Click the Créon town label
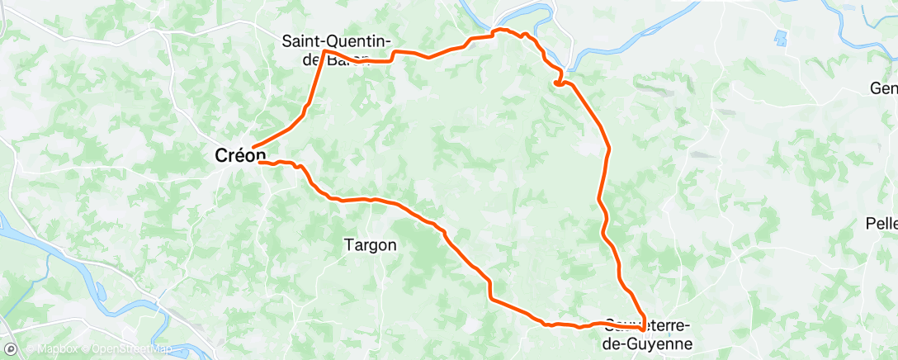(x=240, y=154)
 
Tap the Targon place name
(x=370, y=245)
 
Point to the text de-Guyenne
(x=647, y=341)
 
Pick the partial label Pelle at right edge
(x=881, y=223)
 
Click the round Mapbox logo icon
(x=10, y=349)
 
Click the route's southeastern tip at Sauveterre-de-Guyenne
(x=643, y=329)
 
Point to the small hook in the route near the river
(x=558, y=82)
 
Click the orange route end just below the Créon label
(x=261, y=163)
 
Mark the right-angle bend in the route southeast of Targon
(x=490, y=297)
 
